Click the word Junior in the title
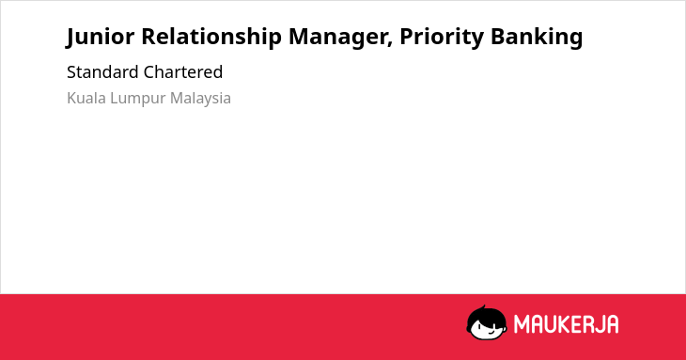point(101,37)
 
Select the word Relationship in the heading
point(211,38)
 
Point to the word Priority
point(442,38)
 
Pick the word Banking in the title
point(537,38)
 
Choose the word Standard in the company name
point(101,72)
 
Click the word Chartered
point(183,72)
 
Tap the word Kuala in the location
point(86,98)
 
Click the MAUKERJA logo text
point(566,324)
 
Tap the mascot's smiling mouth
point(491,333)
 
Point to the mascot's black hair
point(487,317)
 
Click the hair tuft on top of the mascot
point(483,308)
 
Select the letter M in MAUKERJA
point(522,324)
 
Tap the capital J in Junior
point(70,38)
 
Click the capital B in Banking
point(497,37)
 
